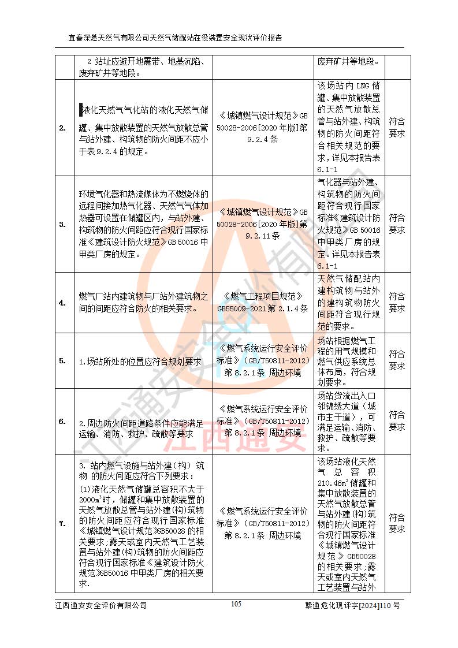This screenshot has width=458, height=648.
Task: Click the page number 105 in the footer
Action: pos(236,604)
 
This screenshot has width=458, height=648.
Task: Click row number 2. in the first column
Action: pos(62,128)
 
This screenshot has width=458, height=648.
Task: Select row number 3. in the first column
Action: pos(62,225)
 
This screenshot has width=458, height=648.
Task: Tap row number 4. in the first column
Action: pos(62,302)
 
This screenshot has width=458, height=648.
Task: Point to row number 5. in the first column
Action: pos(62,361)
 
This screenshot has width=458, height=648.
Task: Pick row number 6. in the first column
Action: pos(62,421)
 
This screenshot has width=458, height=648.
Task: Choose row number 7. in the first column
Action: pos(62,523)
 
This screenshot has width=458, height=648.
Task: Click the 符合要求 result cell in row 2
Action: pos(397,128)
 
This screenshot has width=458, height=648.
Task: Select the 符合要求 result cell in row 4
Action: pos(397,302)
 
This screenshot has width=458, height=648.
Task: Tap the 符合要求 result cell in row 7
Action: pos(397,523)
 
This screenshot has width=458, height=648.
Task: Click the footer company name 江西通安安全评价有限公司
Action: pos(101,605)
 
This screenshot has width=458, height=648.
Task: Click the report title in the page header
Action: pos(176,38)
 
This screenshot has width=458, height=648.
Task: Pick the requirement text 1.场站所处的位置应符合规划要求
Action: pos(140,362)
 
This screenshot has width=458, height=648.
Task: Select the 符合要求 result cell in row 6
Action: pos(397,421)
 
